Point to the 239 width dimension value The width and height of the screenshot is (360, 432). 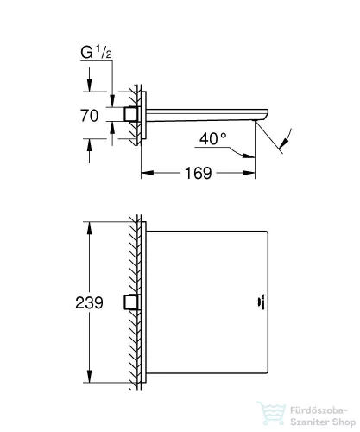click(x=89, y=302)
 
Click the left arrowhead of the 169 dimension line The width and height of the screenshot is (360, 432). click(x=145, y=173)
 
